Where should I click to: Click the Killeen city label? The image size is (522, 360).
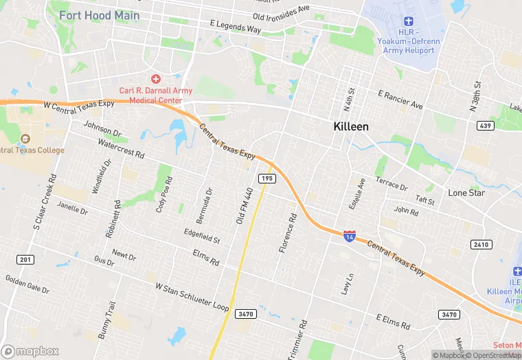point(351,126)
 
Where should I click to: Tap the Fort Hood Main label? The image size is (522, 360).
point(99,15)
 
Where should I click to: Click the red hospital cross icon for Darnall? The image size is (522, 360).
point(156,80)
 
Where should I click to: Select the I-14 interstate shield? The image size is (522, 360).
point(350,235)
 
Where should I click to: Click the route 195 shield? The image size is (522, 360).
point(267,179)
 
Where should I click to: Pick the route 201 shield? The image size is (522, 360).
point(25,258)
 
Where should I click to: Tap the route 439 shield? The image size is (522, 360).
point(485,125)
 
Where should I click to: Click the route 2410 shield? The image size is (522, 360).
point(481,245)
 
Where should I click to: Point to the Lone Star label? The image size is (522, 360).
point(467,193)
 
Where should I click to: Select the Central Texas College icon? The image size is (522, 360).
point(26,139)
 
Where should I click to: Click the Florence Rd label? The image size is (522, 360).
point(287,234)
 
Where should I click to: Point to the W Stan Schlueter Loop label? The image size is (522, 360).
point(192,297)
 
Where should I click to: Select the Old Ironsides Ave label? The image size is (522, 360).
point(282,13)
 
